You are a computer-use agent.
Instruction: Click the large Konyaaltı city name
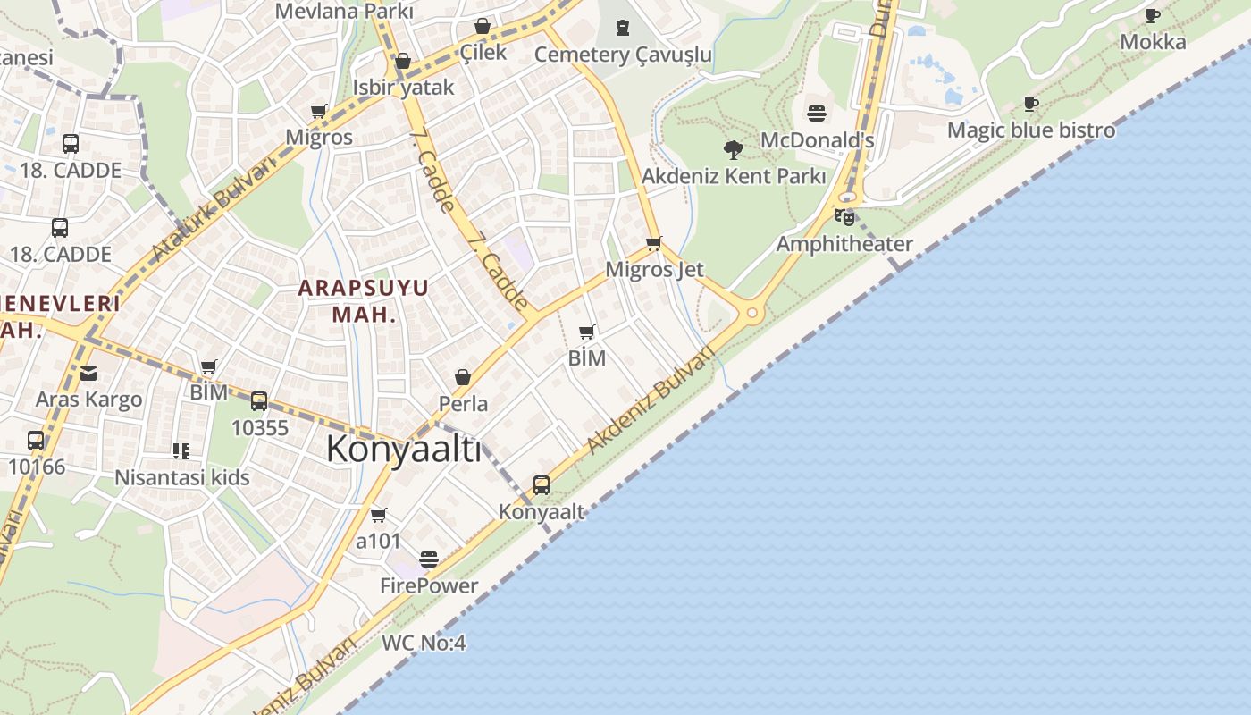[x=403, y=449]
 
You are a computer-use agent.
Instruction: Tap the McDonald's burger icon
[x=817, y=114]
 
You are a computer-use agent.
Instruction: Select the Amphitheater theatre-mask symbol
[x=844, y=216]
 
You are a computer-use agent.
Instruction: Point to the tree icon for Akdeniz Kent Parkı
[x=734, y=149]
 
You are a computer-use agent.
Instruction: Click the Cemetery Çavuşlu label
[x=623, y=55]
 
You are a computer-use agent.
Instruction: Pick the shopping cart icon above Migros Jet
[x=654, y=243]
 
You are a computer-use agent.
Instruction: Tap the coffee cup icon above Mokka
[x=1153, y=15]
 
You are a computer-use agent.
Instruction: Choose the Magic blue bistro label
[x=1031, y=130]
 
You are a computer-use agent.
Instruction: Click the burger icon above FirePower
[x=429, y=559]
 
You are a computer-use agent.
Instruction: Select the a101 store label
[x=378, y=541]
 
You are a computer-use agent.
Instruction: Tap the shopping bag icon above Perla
[x=463, y=378]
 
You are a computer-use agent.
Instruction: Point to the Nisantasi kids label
[x=182, y=477]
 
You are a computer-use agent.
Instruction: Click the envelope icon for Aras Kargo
[x=88, y=374]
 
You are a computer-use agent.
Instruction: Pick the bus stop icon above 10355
[x=259, y=401]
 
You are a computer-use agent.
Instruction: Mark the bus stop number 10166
[x=37, y=466]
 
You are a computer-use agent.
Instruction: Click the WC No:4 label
[x=424, y=643]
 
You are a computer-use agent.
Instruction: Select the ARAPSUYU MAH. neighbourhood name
[x=363, y=300]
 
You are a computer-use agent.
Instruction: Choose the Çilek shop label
[x=483, y=52]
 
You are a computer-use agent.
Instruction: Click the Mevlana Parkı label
[x=344, y=12]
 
